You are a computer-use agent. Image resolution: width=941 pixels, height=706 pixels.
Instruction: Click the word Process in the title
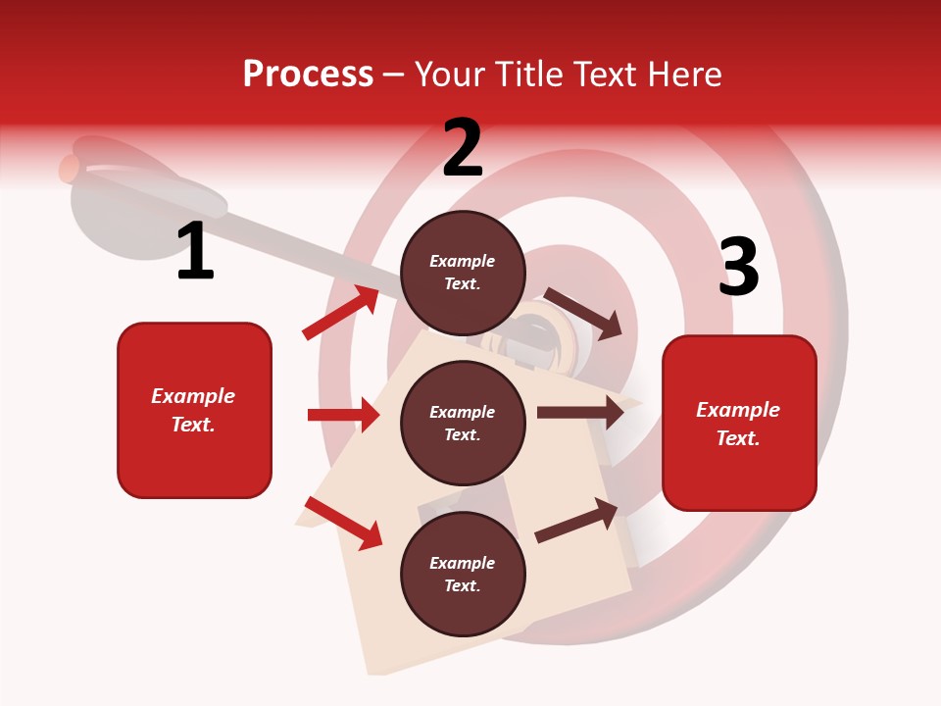click(308, 75)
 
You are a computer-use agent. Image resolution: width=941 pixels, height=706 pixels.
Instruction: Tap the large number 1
click(195, 252)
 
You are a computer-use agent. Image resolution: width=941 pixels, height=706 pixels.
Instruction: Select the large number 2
click(463, 149)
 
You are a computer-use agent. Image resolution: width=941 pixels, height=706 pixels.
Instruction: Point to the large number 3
click(738, 268)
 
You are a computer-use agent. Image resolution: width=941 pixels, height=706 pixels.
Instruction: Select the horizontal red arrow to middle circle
click(343, 415)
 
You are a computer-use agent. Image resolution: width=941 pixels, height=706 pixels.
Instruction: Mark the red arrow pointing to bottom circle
click(344, 523)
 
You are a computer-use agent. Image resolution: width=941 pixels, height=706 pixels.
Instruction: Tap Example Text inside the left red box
click(193, 410)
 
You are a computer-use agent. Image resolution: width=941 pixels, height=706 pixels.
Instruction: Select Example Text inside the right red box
click(738, 424)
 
